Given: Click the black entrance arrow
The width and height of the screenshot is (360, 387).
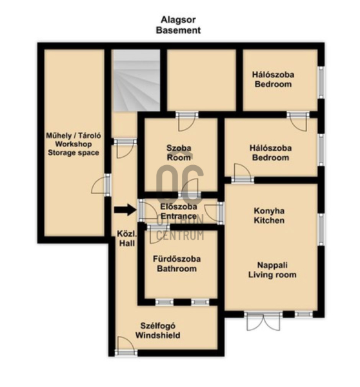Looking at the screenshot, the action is coord(125,210).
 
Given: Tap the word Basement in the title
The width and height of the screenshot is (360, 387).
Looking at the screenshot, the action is coord(178,30).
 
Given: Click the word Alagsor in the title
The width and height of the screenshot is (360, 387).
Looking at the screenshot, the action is coord(178,20).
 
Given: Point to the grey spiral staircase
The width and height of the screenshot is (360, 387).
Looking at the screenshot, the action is coord(137,80).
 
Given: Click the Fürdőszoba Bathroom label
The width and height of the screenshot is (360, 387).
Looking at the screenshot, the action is coord(177,264).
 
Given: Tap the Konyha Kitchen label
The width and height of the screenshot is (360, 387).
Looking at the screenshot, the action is coord(269,215).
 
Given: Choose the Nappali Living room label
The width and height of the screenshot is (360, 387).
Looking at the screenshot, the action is coord(272,270).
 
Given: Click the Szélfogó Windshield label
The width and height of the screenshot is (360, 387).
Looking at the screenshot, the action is coord(158,330).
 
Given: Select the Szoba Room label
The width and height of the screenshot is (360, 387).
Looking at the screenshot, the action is coord(179,153).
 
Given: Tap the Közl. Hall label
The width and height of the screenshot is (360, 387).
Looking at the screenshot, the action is coord(127,239).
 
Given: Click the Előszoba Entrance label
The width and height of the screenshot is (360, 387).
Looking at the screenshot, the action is coord(179,212).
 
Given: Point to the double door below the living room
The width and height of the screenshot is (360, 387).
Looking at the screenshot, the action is coord(263,321).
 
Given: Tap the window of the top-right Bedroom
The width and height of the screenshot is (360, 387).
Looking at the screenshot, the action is coord(321,82).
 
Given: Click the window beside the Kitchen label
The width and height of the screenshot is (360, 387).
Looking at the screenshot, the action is coord(321,230).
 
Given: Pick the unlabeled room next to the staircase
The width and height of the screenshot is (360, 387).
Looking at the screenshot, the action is coord(201,80).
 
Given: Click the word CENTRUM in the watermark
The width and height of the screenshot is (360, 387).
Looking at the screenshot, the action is coord(180,235).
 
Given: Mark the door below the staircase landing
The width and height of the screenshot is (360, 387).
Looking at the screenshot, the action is coord(125,148).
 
